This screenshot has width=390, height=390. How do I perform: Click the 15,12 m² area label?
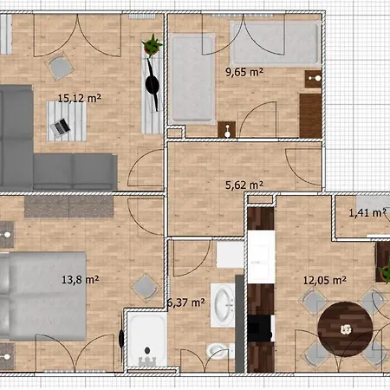click(79, 98)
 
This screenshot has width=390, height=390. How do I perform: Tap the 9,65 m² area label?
click(244, 72)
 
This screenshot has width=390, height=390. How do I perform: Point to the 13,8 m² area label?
click(80, 279)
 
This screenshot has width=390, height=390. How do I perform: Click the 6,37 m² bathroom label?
click(185, 302)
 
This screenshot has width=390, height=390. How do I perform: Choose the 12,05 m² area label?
click(324, 280)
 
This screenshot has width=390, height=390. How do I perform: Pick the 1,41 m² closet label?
click(367, 212)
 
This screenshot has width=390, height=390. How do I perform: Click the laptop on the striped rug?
click(60, 128)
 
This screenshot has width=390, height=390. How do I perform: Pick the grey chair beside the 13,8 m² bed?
click(140, 285)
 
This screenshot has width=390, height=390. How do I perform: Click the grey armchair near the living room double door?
click(60, 67)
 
